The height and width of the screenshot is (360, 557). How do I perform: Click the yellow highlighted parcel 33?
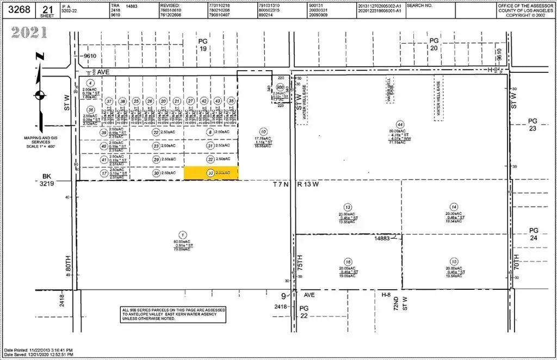coord(211,173)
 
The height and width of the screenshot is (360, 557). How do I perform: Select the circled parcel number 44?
coord(400,124)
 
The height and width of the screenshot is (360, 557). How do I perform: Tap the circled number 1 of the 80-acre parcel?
coord(183,235)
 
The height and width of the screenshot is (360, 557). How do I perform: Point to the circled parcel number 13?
coord(347,207)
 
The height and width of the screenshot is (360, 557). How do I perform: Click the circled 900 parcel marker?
coord(280,86)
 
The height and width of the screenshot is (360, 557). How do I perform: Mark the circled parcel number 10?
coord(263,131)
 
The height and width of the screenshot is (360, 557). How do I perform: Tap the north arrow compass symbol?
coord(39,96)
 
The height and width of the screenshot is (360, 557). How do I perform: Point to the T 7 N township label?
coord(282,185)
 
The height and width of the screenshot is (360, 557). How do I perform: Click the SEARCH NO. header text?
coord(419,5)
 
